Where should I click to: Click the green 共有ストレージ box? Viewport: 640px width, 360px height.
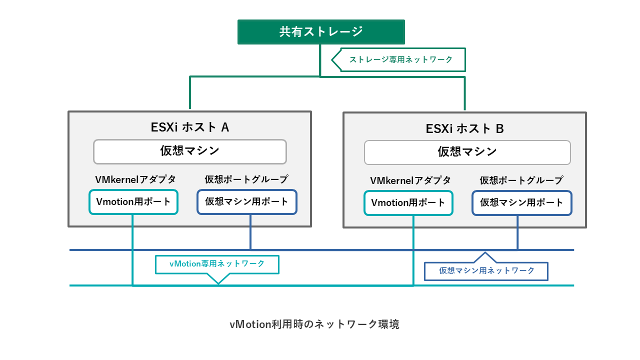(x=320, y=32)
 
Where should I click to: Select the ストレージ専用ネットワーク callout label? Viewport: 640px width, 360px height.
(x=401, y=59)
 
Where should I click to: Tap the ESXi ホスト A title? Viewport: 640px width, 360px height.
(x=189, y=127)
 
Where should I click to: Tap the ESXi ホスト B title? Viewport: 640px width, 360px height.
(x=464, y=128)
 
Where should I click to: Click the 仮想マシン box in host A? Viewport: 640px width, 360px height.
(x=189, y=151)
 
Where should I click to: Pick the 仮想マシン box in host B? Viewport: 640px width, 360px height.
(x=467, y=152)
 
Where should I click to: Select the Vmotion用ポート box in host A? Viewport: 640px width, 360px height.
(x=133, y=202)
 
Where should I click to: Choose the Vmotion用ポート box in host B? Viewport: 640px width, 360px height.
(x=408, y=203)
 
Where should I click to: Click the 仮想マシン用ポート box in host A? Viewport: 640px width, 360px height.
(x=246, y=202)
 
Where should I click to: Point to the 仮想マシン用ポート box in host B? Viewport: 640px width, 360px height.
(x=521, y=203)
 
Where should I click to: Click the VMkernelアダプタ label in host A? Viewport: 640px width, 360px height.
(x=135, y=179)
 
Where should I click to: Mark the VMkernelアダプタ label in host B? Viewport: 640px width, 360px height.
(x=410, y=180)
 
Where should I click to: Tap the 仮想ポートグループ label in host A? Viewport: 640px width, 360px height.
(x=246, y=179)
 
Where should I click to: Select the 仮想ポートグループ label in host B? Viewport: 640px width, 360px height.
(x=521, y=180)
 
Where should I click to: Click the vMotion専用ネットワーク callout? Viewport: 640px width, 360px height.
(x=217, y=264)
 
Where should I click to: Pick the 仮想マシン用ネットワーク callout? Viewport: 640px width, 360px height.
(x=486, y=270)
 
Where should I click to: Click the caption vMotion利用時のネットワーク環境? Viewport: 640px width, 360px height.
(x=314, y=324)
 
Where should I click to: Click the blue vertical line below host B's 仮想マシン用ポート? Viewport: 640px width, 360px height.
(x=517, y=233)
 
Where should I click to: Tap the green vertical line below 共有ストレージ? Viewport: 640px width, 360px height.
(x=320, y=60)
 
